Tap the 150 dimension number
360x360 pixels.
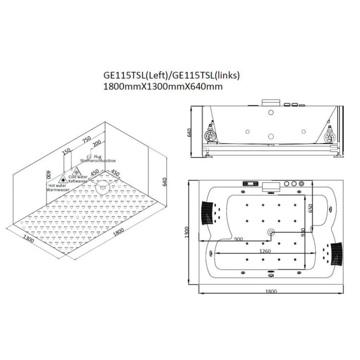click(67, 151)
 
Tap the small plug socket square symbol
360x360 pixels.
click(88, 156)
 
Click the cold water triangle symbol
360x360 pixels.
click(76, 171)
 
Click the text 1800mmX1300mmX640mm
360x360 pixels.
click(163, 86)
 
